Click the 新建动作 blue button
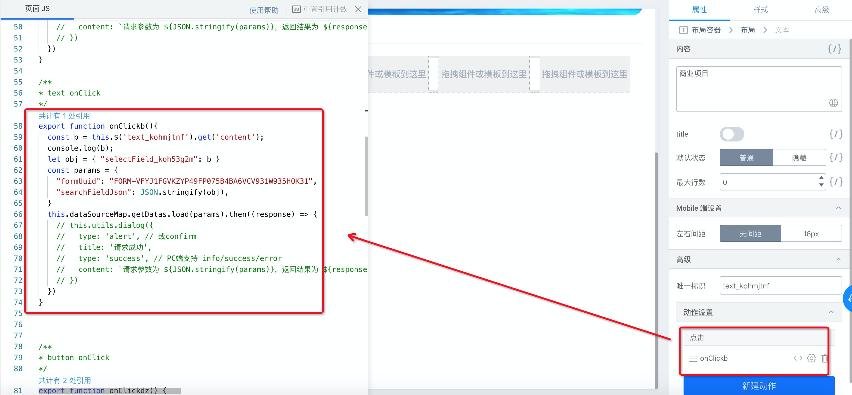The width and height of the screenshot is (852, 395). point(759,386)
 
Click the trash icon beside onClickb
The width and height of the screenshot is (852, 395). point(824,358)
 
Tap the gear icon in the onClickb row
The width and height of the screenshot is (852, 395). point(811,358)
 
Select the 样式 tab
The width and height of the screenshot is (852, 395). point(760,10)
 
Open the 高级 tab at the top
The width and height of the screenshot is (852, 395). point(822,10)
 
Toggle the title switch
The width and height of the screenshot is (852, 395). point(732,134)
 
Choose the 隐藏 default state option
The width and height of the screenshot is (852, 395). point(799,158)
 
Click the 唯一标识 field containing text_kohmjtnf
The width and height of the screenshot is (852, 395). point(781,285)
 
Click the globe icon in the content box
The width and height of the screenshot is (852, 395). point(834,103)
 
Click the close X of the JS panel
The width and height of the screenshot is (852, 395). point(358,9)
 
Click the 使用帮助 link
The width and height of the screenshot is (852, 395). point(264,10)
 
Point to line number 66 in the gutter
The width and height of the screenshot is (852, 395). point(18,214)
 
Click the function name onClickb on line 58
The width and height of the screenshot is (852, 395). point(127,126)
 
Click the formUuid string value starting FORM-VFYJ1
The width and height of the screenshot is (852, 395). point(211,181)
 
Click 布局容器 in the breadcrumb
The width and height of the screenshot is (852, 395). point(706,30)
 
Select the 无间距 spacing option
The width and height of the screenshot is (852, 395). point(750,234)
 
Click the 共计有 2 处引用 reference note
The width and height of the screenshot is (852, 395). point(65,380)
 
